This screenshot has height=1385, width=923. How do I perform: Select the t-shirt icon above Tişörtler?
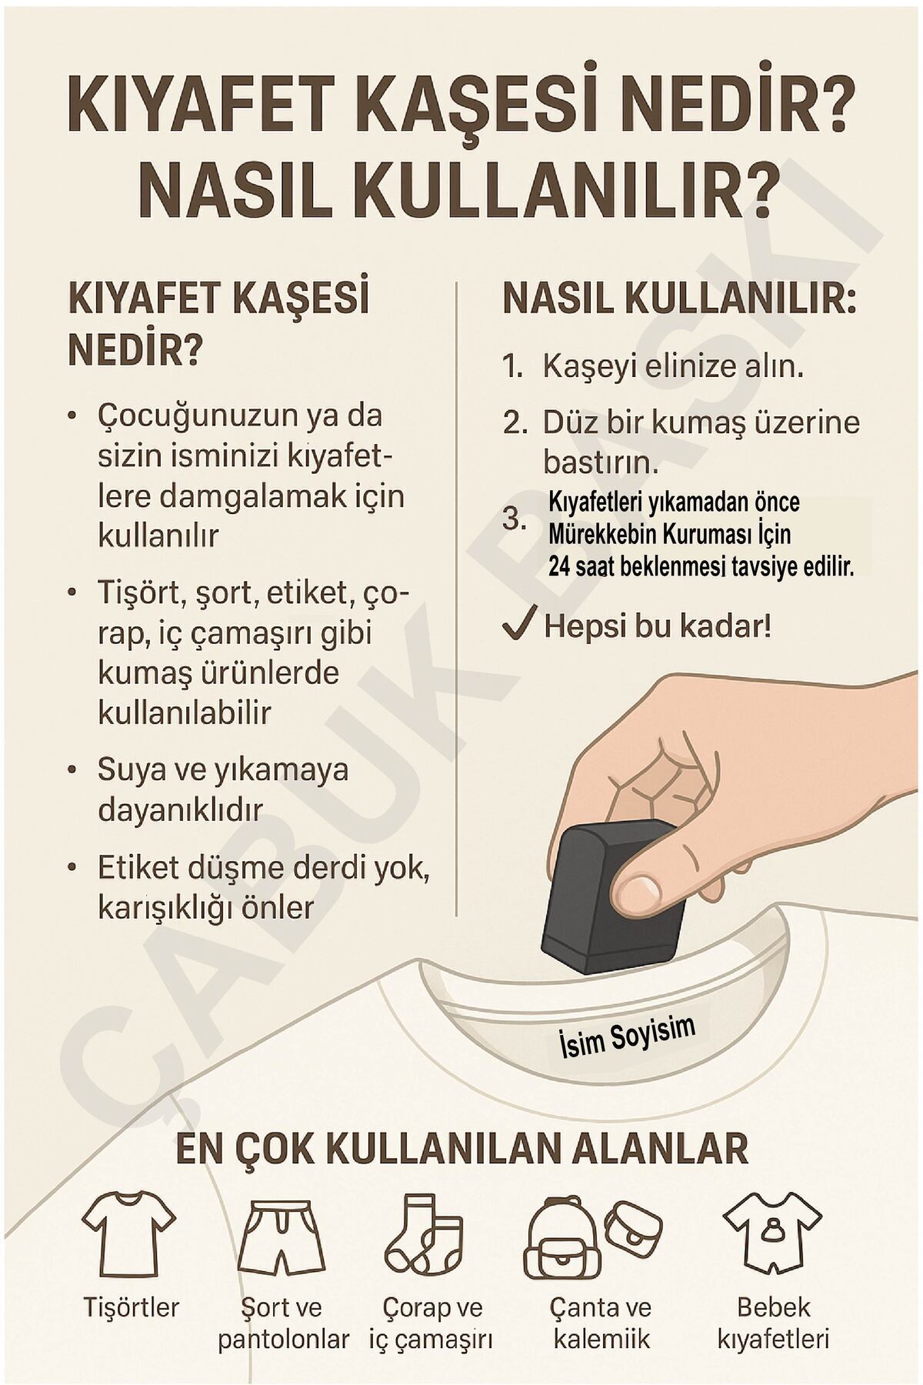(129, 1234)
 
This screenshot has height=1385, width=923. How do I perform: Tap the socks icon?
(424, 1233)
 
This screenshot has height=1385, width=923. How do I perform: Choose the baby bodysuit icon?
(772, 1234)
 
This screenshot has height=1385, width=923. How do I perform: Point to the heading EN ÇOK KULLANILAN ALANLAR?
(461, 1150)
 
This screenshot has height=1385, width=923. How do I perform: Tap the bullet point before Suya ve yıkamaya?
(72, 769)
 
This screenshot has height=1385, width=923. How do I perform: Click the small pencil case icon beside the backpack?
(632, 1226)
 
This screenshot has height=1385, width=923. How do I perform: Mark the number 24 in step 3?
(558, 567)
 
